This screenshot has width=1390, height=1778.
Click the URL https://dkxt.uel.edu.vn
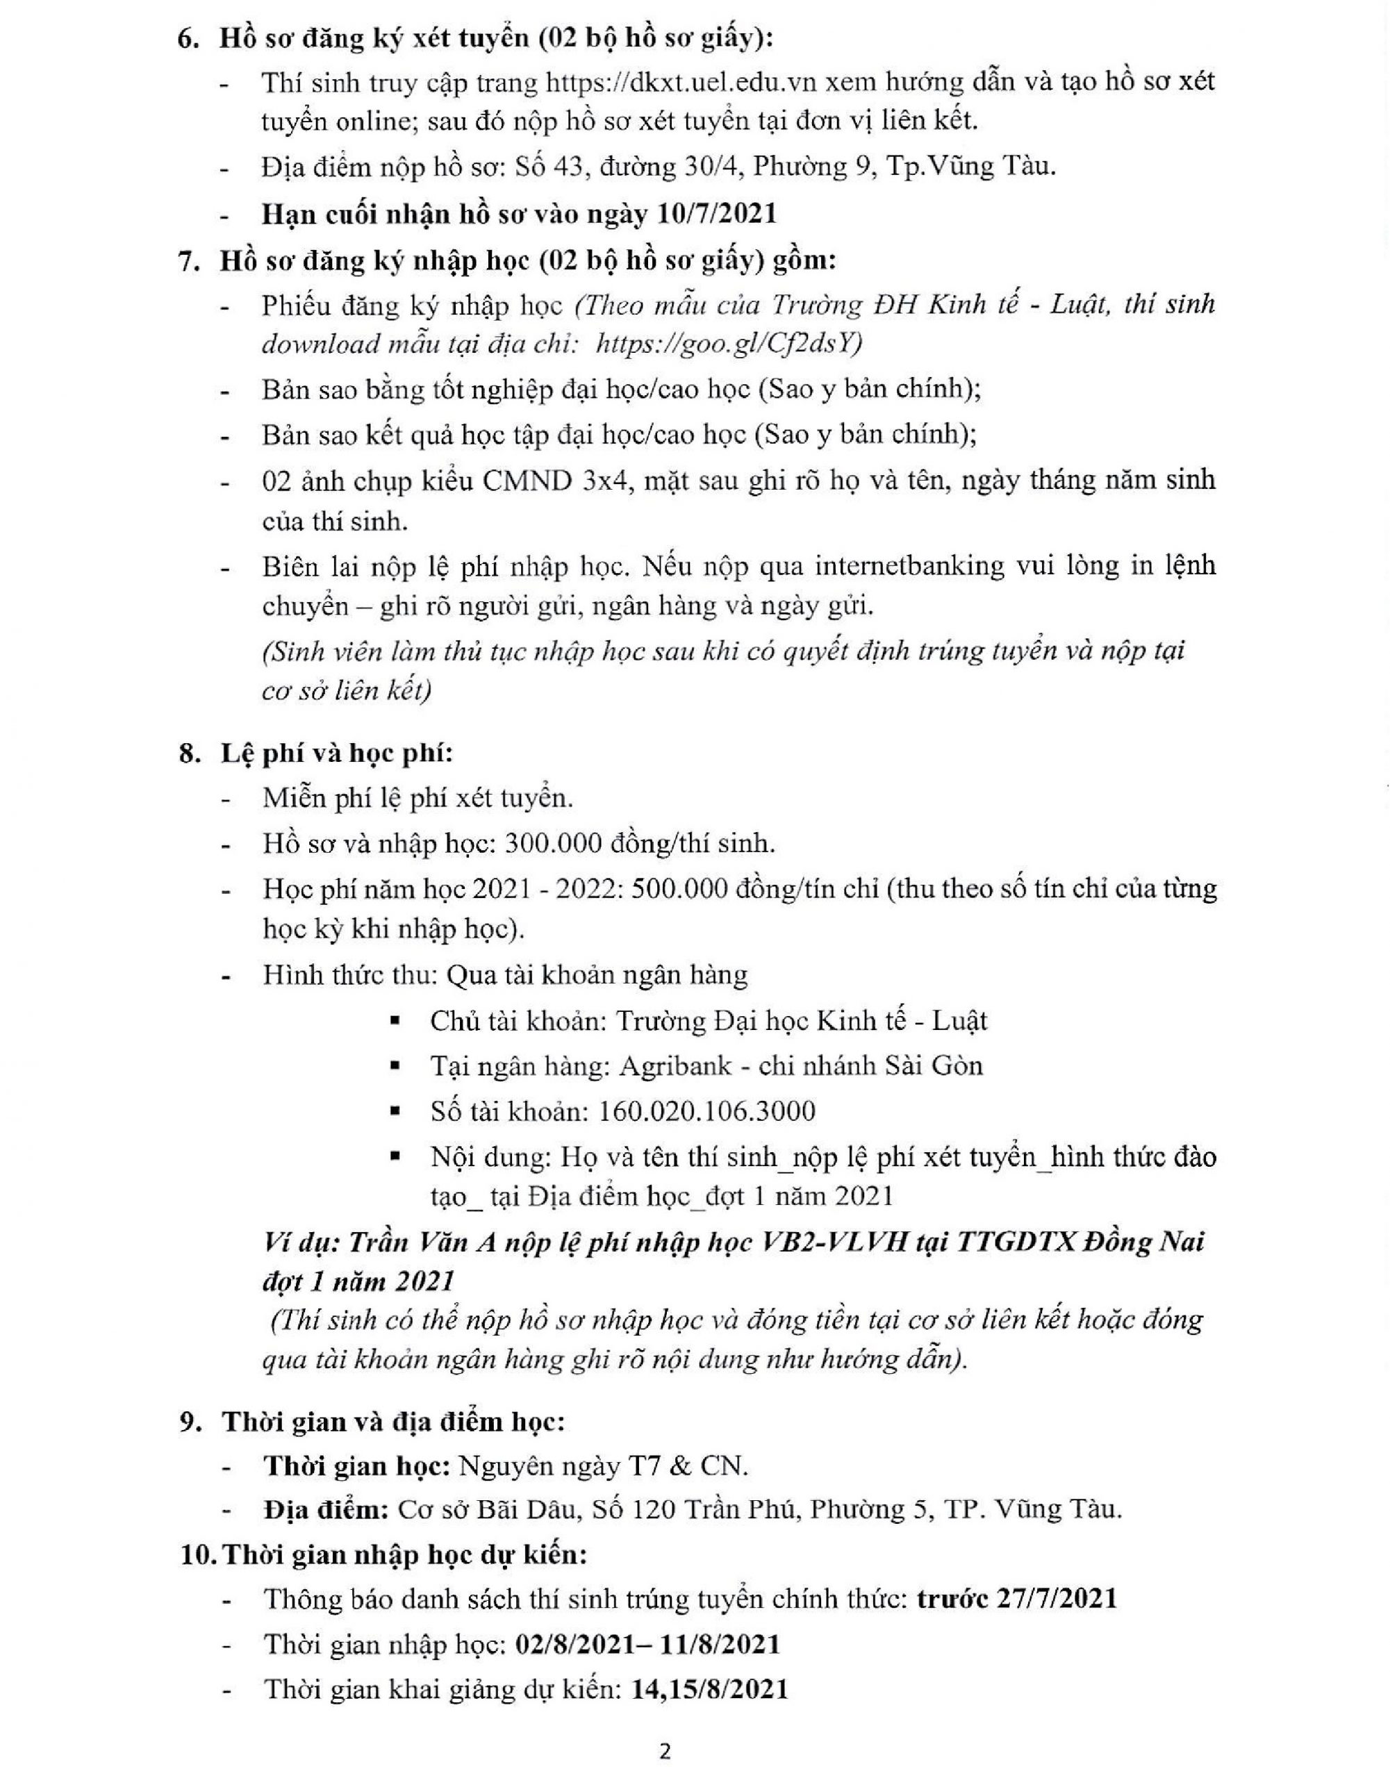[685, 82]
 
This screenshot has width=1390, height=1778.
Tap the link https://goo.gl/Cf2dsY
[729, 344]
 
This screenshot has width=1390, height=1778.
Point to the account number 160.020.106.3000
[706, 1111]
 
